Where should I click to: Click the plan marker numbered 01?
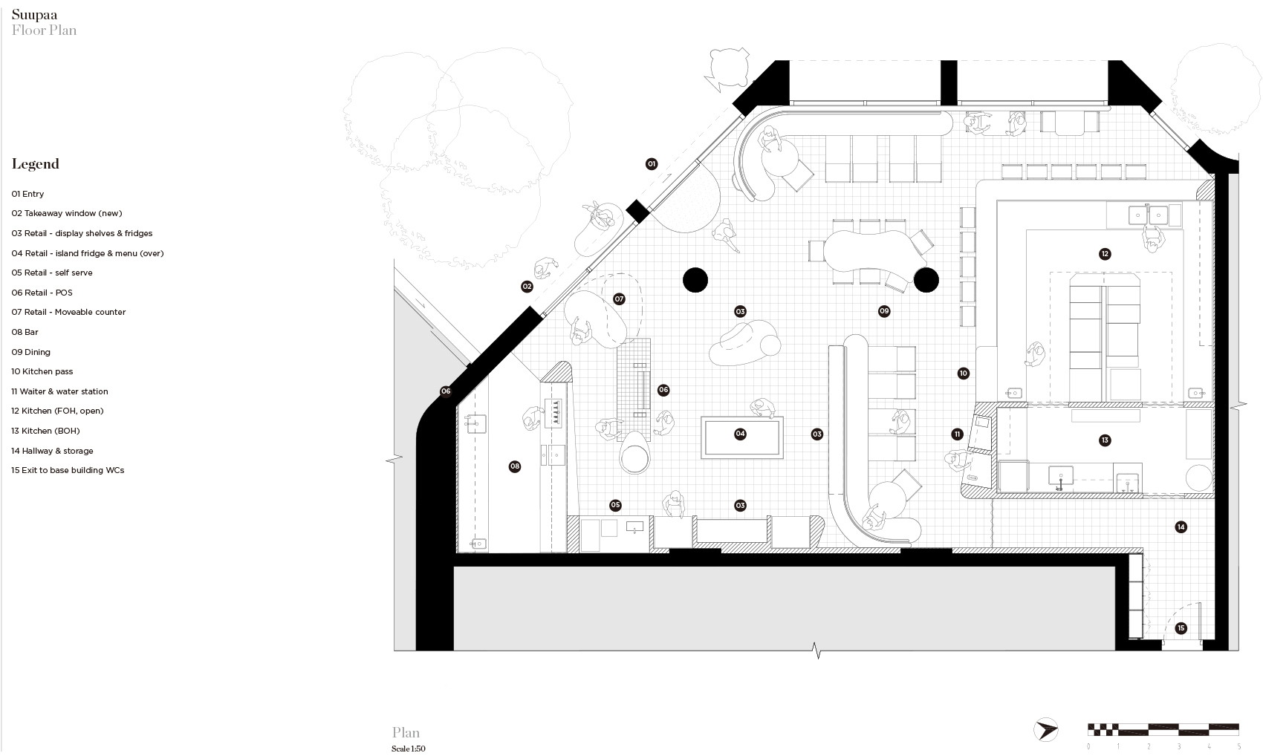pyautogui.click(x=652, y=164)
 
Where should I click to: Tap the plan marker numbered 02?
pyautogui.click(x=527, y=287)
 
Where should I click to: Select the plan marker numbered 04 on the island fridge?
pyautogui.click(x=740, y=434)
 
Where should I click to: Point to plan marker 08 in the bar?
pyautogui.click(x=515, y=466)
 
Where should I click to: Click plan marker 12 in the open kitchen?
pyautogui.click(x=1105, y=254)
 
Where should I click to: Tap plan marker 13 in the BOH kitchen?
pyautogui.click(x=1105, y=440)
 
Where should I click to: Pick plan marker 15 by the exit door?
pyautogui.click(x=1181, y=628)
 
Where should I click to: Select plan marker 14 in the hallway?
pyautogui.click(x=1181, y=527)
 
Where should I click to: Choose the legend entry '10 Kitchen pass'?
pyautogui.click(x=42, y=371)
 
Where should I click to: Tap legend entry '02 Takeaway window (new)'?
pyautogui.click(x=66, y=213)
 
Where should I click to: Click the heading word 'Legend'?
pyautogui.click(x=35, y=164)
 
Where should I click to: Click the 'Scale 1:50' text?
pyautogui.click(x=408, y=749)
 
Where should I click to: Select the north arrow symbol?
pyautogui.click(x=1046, y=729)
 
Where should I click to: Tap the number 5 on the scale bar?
pyautogui.click(x=1238, y=746)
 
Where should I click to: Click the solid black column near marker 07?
pyautogui.click(x=695, y=280)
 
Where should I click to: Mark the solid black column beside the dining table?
pyautogui.click(x=926, y=280)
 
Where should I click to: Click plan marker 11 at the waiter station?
pyautogui.click(x=957, y=434)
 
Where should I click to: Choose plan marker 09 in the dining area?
pyautogui.click(x=884, y=311)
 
